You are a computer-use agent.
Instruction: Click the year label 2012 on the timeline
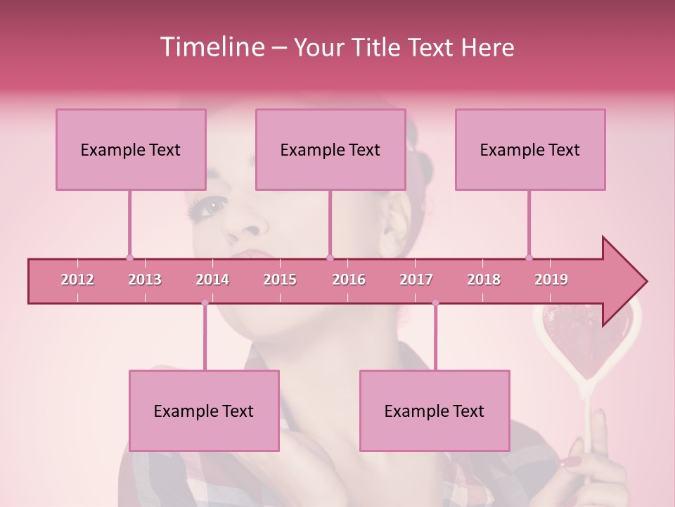pyautogui.click(x=77, y=280)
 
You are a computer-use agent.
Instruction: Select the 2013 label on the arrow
pyautogui.click(x=145, y=280)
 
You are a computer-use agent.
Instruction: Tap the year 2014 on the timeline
pyautogui.click(x=212, y=280)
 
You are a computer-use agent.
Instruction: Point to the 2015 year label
pyautogui.click(x=280, y=280)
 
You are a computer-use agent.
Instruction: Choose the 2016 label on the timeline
pyautogui.click(x=349, y=280)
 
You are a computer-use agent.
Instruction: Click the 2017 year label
pyautogui.click(x=416, y=280)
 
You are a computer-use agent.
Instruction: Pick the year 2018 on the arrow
pyautogui.click(x=484, y=280)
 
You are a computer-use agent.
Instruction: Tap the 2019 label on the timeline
pyautogui.click(x=551, y=280)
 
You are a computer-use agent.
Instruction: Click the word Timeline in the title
pyautogui.click(x=211, y=47)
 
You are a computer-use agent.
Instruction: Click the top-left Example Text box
pyautogui.click(x=131, y=149)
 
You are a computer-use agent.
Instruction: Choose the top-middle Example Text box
pyautogui.click(x=330, y=149)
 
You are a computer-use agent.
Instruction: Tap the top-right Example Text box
pyautogui.click(x=530, y=149)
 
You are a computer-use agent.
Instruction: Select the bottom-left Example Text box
pyautogui.click(x=204, y=411)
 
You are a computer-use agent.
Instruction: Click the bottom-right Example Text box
pyautogui.click(x=435, y=411)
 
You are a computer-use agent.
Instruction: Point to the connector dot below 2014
pyautogui.click(x=205, y=303)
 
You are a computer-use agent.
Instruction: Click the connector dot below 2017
pyautogui.click(x=435, y=303)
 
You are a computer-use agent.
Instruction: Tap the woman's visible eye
pyautogui.click(x=213, y=206)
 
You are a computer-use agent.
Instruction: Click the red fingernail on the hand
pyautogui.click(x=571, y=462)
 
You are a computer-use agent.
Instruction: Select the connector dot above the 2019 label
pyautogui.click(x=529, y=258)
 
